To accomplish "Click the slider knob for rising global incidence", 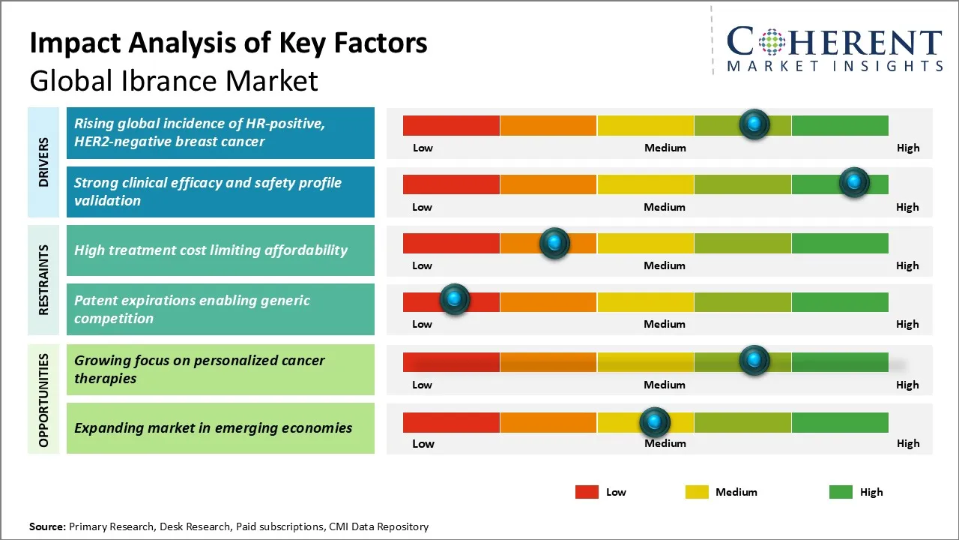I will tap(754, 124).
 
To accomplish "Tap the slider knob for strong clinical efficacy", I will tap(853, 182).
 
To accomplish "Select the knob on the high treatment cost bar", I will tap(554, 242).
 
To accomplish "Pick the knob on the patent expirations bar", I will tap(454, 300).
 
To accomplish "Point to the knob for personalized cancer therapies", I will tap(754, 360).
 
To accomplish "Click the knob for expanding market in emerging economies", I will tap(655, 422).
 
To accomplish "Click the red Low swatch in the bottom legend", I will tap(587, 492).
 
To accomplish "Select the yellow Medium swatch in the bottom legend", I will tap(697, 492).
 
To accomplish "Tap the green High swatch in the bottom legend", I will tap(841, 492).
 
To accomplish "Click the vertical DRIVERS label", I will tap(43, 162).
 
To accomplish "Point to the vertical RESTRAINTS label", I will tap(43, 280).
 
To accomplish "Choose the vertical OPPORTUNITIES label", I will tap(43, 400).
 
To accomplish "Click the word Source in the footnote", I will tap(47, 526).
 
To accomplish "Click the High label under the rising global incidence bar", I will tap(908, 148).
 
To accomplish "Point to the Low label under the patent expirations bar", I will tap(422, 324).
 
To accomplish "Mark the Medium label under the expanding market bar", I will tap(665, 443).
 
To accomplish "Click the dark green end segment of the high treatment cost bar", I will tap(839, 243).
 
